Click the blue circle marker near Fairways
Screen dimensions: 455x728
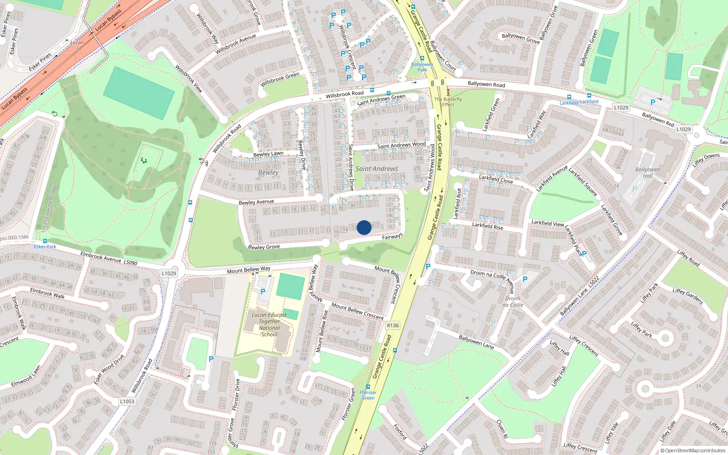(x=364, y=227)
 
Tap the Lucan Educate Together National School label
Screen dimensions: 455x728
(x=269, y=324)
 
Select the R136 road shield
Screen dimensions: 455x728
(x=392, y=325)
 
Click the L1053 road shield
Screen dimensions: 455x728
(x=127, y=401)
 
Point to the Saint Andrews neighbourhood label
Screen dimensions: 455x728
(x=377, y=169)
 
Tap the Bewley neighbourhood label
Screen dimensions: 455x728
(x=268, y=172)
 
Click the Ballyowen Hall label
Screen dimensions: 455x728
(x=647, y=172)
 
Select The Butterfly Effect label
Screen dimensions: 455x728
(x=448, y=101)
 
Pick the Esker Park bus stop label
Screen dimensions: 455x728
(x=45, y=247)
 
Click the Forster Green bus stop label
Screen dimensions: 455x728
(x=368, y=395)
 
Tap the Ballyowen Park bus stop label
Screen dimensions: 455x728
(x=422, y=67)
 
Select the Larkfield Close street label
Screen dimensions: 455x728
(x=496, y=179)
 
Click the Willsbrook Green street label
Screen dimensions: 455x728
(x=280, y=79)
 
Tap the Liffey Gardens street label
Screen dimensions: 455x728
(x=688, y=296)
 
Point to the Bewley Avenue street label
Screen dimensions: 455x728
(x=256, y=202)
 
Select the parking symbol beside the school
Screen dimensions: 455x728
(x=263, y=291)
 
